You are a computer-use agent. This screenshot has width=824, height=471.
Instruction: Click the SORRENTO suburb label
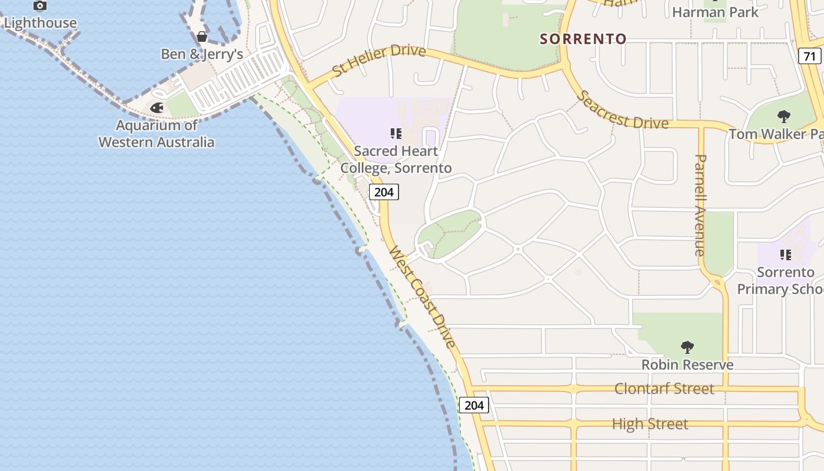tap(583, 39)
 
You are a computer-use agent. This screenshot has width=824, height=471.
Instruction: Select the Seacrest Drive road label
tap(623, 110)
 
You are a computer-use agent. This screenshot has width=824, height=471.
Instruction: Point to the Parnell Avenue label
tap(700, 205)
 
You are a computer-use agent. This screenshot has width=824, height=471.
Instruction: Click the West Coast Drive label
tap(422, 298)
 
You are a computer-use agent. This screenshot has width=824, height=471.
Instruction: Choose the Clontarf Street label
tap(664, 389)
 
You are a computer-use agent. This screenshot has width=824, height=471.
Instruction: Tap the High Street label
tap(650, 424)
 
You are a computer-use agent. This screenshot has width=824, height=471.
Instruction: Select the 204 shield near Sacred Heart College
tap(384, 192)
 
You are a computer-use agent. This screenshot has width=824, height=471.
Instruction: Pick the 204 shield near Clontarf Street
tap(474, 405)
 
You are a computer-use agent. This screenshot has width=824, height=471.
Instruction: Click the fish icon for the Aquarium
tap(157, 108)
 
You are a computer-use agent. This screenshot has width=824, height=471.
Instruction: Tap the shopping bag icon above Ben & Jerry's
tap(202, 37)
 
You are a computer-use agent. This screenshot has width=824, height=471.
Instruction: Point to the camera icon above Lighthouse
tap(39, 6)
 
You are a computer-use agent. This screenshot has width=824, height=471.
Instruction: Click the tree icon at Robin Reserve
tap(687, 347)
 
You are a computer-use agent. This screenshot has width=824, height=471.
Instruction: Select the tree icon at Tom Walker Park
tap(783, 117)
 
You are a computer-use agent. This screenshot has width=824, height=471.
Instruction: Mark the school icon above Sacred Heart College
tap(396, 134)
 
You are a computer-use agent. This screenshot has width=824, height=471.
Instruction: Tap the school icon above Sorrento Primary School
tap(785, 255)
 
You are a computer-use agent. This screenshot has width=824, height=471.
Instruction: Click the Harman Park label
tap(715, 12)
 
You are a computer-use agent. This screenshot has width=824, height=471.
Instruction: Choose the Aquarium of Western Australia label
tap(157, 134)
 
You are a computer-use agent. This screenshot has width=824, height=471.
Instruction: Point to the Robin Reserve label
tap(687, 365)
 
